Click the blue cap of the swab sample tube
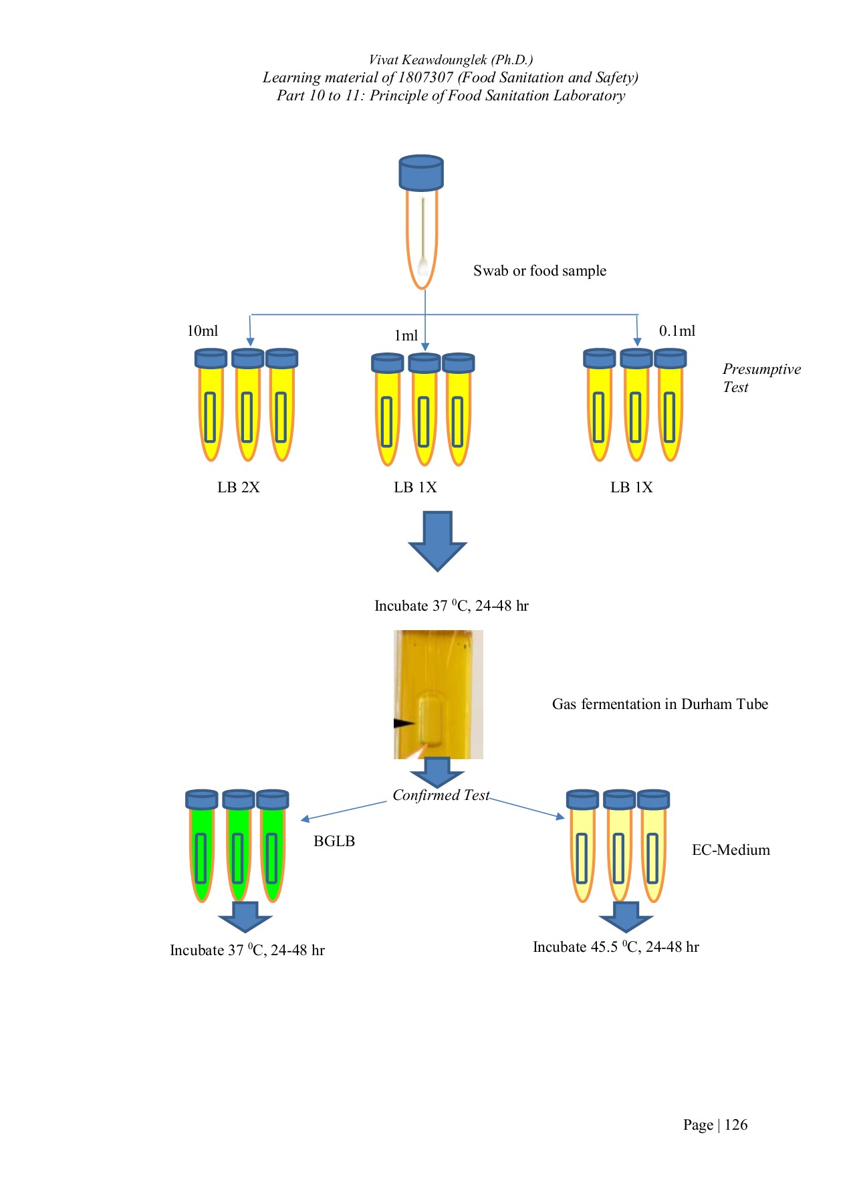click(421, 173)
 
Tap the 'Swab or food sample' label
click(539, 271)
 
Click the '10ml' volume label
click(202, 331)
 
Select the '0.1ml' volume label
click(677, 331)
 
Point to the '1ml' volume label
click(406, 336)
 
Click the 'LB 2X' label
click(238, 488)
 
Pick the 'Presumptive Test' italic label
click(761, 378)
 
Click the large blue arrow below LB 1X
click(437, 540)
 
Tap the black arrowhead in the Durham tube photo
click(404, 723)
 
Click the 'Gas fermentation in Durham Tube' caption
click(660, 704)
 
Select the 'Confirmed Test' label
click(441, 795)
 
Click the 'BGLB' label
click(334, 841)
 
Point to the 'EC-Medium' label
click(731, 850)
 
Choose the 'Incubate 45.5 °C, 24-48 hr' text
click(616, 947)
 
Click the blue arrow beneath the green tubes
click(245, 916)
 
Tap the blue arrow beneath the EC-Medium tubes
click(626, 916)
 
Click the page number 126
click(735, 1125)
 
